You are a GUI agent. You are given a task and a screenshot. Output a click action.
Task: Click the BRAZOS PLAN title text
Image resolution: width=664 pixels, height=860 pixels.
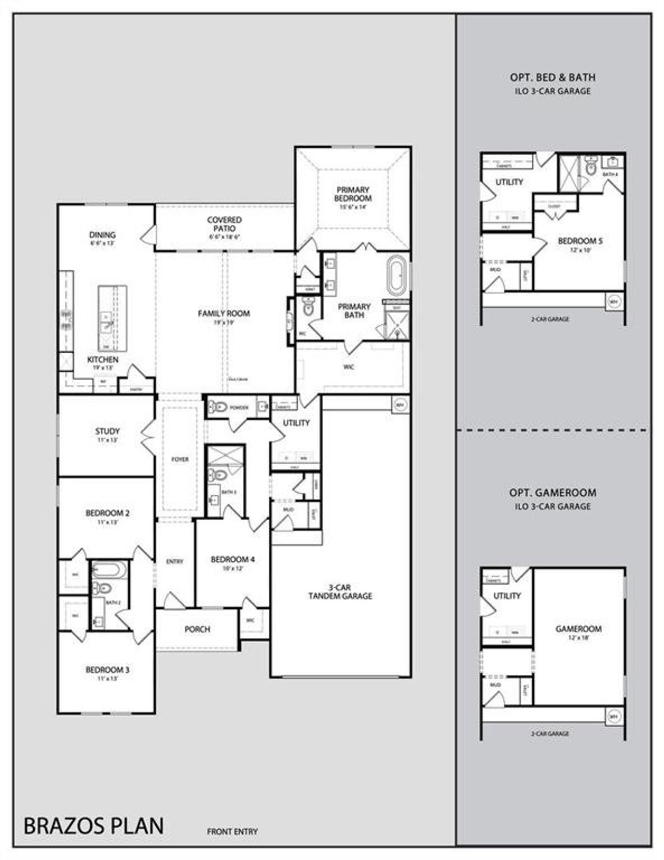(93, 825)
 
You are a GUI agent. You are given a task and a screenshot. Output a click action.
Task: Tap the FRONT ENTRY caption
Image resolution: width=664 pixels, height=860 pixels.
(232, 831)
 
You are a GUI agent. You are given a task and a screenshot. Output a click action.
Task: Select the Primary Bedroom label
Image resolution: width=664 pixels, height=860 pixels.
(353, 194)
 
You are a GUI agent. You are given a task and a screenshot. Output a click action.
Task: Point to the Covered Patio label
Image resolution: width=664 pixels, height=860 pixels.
(224, 224)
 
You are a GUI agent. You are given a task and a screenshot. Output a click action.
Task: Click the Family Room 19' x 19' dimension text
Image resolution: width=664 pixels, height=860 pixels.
(224, 322)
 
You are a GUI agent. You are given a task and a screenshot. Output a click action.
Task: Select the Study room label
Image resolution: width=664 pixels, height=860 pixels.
(107, 431)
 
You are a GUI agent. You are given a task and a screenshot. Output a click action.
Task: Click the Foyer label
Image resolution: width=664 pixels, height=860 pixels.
(180, 459)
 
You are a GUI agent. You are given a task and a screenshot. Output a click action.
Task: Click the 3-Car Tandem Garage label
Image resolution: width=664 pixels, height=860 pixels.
(340, 591)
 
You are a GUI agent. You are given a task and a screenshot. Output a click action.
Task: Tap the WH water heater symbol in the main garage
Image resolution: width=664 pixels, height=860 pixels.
(400, 404)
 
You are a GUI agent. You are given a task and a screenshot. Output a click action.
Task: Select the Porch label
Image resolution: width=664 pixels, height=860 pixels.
(197, 629)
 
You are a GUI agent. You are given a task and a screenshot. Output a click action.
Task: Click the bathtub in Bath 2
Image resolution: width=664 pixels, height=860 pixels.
(108, 571)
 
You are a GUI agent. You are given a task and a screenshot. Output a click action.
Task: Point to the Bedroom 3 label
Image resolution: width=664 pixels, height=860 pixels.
(107, 670)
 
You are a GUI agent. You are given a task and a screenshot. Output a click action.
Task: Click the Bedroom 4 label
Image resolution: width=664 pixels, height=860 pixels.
(232, 559)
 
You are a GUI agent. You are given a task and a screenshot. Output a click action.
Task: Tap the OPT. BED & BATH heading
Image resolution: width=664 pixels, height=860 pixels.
(552, 77)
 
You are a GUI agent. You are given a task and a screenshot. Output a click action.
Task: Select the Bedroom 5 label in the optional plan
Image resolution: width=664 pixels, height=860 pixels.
(580, 241)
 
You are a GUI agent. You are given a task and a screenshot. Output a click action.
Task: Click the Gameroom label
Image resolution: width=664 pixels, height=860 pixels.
(578, 629)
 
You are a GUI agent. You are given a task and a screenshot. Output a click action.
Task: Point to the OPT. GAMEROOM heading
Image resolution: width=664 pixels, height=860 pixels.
(552, 492)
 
